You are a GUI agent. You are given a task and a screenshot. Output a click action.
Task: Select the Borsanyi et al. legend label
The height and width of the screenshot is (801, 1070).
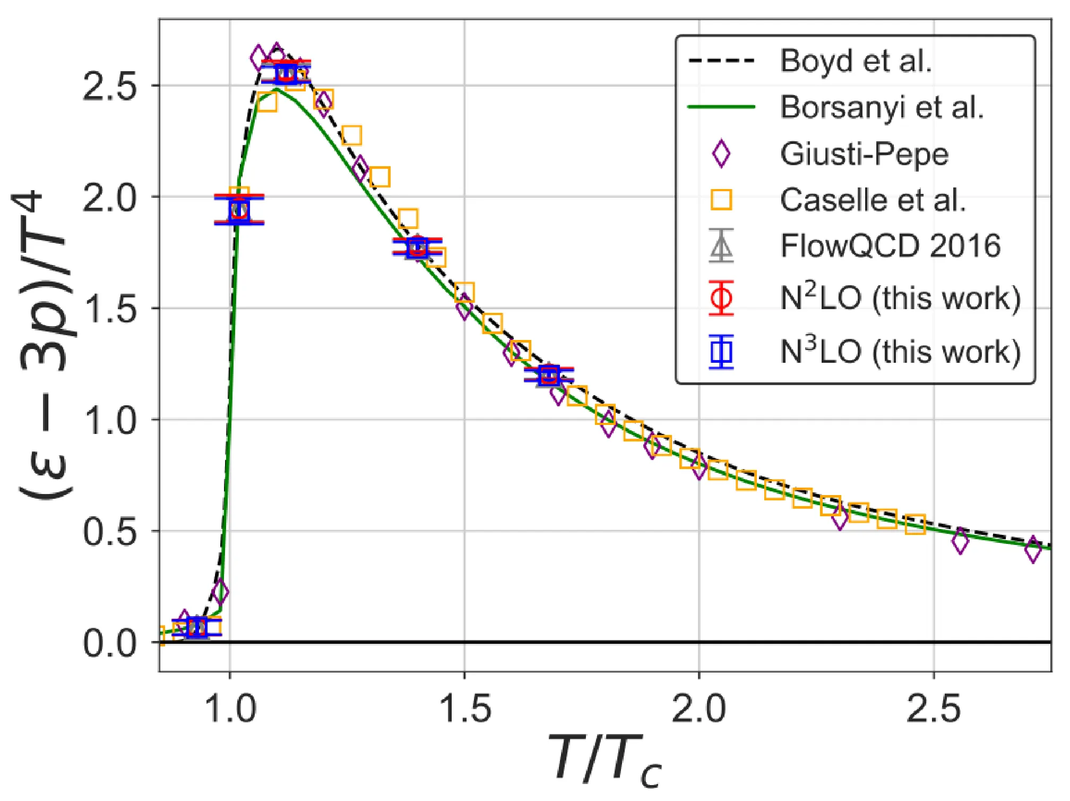coord(882,107)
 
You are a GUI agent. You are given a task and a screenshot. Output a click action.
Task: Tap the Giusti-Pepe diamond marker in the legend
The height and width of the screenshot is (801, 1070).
coord(721,154)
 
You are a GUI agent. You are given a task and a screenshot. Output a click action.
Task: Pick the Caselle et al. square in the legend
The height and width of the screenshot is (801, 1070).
coord(721,200)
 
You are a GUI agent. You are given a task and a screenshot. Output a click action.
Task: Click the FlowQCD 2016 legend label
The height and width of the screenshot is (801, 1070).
coord(890,246)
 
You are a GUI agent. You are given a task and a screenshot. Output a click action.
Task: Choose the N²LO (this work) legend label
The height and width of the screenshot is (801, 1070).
coord(900,298)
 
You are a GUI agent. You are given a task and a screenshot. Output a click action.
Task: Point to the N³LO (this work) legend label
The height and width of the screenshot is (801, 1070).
coord(900,352)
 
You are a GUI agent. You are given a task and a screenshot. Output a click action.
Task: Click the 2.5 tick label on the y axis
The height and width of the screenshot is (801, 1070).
coord(109,86)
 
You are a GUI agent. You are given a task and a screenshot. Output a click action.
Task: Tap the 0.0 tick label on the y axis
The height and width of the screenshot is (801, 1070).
coord(109,643)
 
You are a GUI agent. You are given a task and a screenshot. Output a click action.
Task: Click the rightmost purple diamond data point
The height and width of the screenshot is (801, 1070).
coord(1033,550)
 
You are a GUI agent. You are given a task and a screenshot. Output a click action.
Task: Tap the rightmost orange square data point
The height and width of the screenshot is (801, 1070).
coord(915,524)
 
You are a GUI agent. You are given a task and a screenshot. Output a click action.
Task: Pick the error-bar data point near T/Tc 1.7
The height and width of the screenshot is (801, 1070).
coord(549,376)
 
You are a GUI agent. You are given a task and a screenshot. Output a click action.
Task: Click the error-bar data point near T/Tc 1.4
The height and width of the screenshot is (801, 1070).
coord(417,248)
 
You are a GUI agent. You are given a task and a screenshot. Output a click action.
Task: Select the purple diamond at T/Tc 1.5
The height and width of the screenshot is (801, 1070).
coord(464,308)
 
